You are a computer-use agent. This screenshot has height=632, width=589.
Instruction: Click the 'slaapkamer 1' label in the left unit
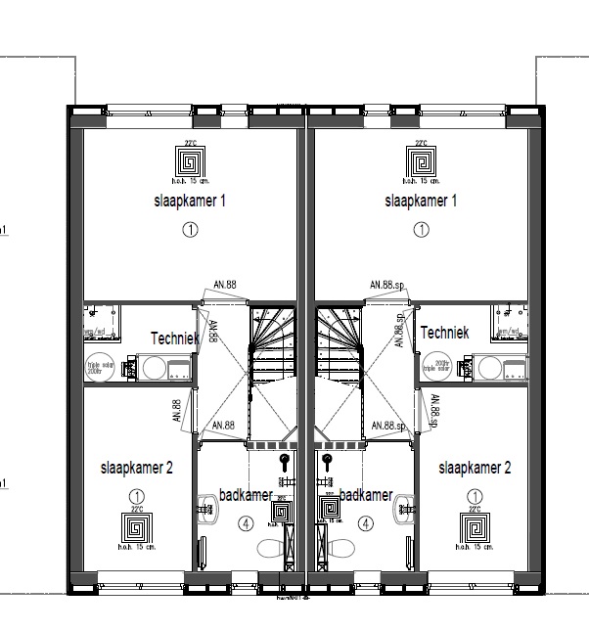tap(190, 201)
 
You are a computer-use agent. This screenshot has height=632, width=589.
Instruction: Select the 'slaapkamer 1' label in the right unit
tap(421, 201)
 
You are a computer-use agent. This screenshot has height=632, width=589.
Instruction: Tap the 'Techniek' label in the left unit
tap(175, 338)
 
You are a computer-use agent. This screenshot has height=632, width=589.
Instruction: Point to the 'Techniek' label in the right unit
tap(444, 333)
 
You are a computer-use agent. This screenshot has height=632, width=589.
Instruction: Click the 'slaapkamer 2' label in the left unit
tap(136, 469)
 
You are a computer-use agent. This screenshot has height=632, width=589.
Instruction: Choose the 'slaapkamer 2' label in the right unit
tap(475, 468)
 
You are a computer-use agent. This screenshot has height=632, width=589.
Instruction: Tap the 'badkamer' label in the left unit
tap(245, 495)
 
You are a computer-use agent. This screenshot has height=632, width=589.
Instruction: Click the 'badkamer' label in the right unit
tap(365, 495)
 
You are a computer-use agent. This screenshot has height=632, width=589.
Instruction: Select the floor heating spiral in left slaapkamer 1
tap(190, 160)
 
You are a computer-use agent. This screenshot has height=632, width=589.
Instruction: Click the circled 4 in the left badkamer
tap(244, 523)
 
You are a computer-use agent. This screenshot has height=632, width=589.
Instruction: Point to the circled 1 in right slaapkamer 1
tap(421, 230)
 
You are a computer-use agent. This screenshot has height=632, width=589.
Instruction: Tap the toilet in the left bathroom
tap(270, 549)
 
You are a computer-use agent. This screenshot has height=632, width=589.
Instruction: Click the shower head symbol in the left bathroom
tap(285, 458)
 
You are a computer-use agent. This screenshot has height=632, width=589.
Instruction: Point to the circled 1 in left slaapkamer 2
tap(136, 497)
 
